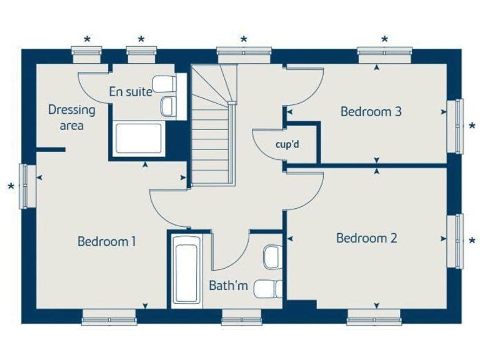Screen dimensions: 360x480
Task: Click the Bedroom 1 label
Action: point(107,241)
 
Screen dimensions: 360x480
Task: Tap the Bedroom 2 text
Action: point(366,238)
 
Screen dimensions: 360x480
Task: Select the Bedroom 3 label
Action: point(371,112)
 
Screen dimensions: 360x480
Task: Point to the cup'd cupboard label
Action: point(287,144)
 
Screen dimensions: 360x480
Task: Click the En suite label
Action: point(130,92)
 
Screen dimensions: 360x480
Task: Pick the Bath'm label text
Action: point(228,286)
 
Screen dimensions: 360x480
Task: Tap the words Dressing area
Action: point(72,117)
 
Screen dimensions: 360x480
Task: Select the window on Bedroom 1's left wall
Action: point(24,186)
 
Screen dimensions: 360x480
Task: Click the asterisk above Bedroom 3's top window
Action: point(384,40)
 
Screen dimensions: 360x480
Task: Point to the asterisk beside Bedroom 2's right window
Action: point(472,241)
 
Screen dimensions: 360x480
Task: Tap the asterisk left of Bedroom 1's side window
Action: point(11,187)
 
